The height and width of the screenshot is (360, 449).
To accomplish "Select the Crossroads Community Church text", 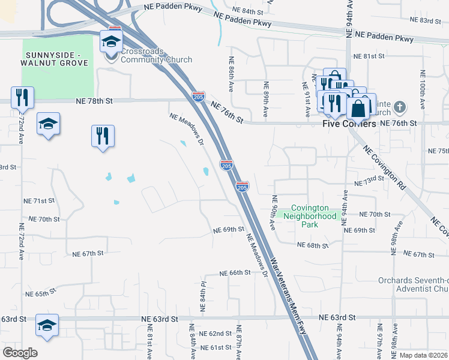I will click(x=157, y=56).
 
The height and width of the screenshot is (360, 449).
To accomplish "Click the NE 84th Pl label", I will click(x=203, y=291).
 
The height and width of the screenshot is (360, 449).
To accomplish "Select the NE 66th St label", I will click(x=235, y=273).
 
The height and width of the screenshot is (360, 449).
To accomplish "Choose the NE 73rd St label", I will click(x=369, y=181).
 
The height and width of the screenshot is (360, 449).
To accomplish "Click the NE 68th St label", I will click(x=313, y=245).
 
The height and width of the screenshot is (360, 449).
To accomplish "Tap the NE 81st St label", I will click(x=369, y=56).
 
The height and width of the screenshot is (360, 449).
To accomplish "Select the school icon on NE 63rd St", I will click(x=47, y=325).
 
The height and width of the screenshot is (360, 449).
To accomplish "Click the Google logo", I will click(x=20, y=353).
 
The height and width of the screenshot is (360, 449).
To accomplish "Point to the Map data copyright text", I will click(x=424, y=355).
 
